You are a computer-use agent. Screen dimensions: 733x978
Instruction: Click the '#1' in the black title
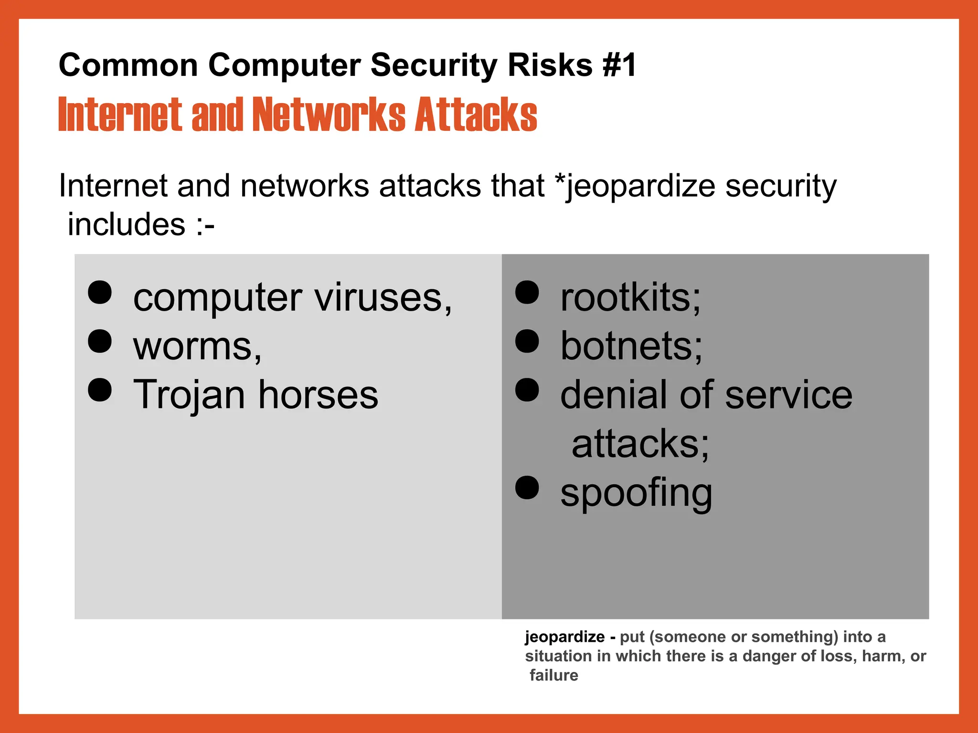coord(619,65)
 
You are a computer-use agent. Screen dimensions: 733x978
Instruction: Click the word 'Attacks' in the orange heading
coord(476,115)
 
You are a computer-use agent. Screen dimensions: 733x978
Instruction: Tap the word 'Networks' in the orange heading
coord(329,115)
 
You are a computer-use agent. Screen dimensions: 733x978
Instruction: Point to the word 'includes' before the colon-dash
coord(126,224)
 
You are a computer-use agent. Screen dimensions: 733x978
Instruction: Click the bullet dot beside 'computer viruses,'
coord(100,292)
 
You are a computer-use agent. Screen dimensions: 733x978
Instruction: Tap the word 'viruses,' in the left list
coord(383,298)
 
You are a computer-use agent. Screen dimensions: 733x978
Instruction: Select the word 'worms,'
coord(197,346)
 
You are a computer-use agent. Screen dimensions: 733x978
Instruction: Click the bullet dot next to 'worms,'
coord(100,341)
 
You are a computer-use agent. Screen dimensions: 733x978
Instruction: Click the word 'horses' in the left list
coord(318,395)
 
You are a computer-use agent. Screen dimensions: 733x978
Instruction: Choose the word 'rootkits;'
coord(630,298)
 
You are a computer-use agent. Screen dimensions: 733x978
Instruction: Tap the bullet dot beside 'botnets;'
coord(527,341)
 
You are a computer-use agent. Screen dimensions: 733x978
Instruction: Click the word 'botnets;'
coord(631,346)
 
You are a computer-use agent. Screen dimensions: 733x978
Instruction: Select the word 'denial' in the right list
coord(615,395)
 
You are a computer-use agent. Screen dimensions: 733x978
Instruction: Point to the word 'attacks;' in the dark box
coord(640,444)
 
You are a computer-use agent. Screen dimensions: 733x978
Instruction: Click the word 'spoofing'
coord(636,493)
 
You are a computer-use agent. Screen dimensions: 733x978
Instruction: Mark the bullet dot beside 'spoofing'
coord(527,487)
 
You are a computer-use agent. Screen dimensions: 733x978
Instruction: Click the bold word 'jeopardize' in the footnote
coord(564,637)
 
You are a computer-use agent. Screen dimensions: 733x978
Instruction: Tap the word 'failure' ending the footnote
coord(554,675)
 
